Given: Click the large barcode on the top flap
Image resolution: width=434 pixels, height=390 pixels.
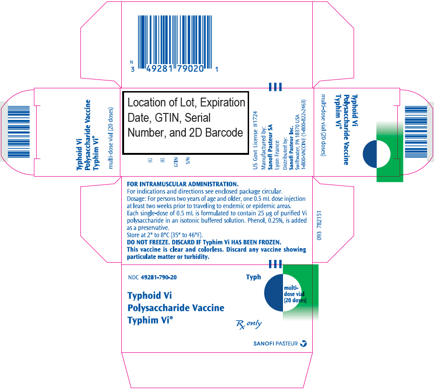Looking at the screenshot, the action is coord(175,42).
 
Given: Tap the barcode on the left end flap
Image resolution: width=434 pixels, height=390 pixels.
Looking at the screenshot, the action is coord(19,132).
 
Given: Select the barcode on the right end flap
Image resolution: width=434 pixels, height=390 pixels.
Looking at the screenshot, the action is coord(416,132).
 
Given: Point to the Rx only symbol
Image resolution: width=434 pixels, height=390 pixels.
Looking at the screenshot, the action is coord(249,324).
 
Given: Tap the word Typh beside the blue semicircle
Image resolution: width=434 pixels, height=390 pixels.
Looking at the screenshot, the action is coord(254,277).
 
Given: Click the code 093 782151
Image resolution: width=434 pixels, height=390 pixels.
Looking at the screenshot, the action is coord(319,225).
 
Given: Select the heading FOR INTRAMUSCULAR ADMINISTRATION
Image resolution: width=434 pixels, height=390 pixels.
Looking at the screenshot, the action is coord(183,184).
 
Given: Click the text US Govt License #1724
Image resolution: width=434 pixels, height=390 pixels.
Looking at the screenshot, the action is coord(255,140).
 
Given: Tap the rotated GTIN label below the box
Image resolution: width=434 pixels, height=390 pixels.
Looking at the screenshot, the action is coord(176,162).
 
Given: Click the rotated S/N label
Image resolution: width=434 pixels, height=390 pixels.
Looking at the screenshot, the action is coord(188,160).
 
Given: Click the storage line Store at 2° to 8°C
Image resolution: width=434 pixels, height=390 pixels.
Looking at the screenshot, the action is coord(165,235).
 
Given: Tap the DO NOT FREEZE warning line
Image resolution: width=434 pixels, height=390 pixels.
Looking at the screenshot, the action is coord(204,242).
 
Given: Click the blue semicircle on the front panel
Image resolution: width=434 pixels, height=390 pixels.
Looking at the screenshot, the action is coord(274,292).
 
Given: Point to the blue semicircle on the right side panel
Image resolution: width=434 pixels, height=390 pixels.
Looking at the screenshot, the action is coord(370,154).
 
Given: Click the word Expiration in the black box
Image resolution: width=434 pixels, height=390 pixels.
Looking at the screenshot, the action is coord(223,102).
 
